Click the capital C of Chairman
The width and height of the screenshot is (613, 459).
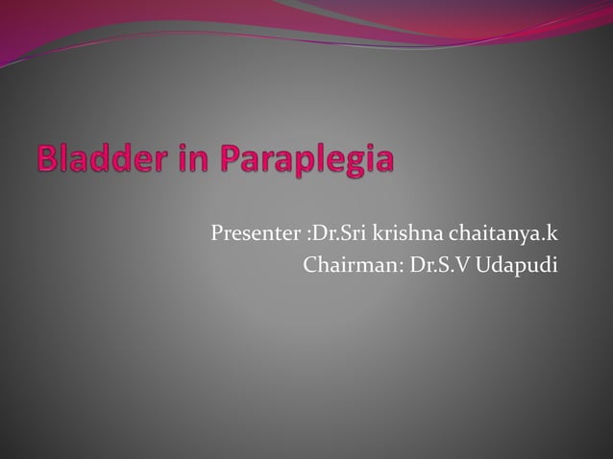point(310,264)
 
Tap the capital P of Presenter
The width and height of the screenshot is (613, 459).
point(216,234)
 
